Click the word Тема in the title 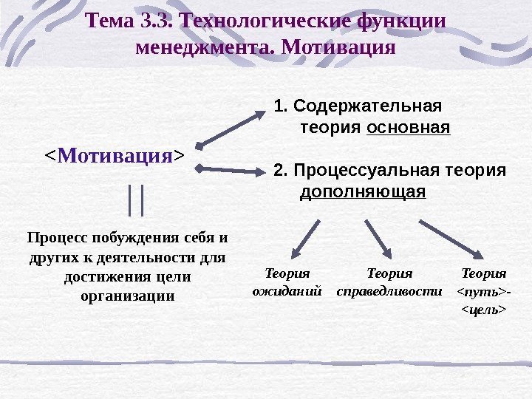(109, 21)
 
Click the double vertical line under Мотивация (135, 200)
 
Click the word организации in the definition (126, 296)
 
